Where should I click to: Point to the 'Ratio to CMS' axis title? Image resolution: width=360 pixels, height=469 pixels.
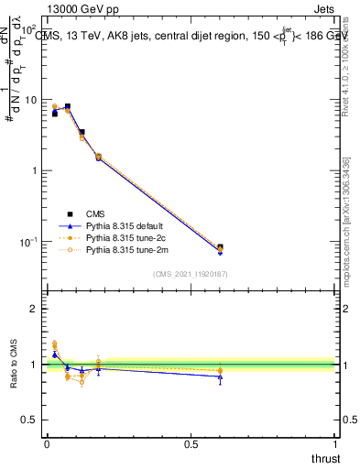[x=15, y=365]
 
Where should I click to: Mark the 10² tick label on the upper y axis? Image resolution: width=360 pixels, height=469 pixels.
[x=30, y=28]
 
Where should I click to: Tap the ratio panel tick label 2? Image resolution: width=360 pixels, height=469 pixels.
[x=33, y=309]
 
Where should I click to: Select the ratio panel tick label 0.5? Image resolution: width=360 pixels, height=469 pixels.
[x=30, y=420]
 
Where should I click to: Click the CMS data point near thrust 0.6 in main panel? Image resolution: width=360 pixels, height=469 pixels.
[x=220, y=247]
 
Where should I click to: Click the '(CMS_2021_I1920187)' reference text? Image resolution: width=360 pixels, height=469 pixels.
[x=190, y=273]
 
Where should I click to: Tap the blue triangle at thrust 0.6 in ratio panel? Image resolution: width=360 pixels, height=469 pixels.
[x=220, y=376]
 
